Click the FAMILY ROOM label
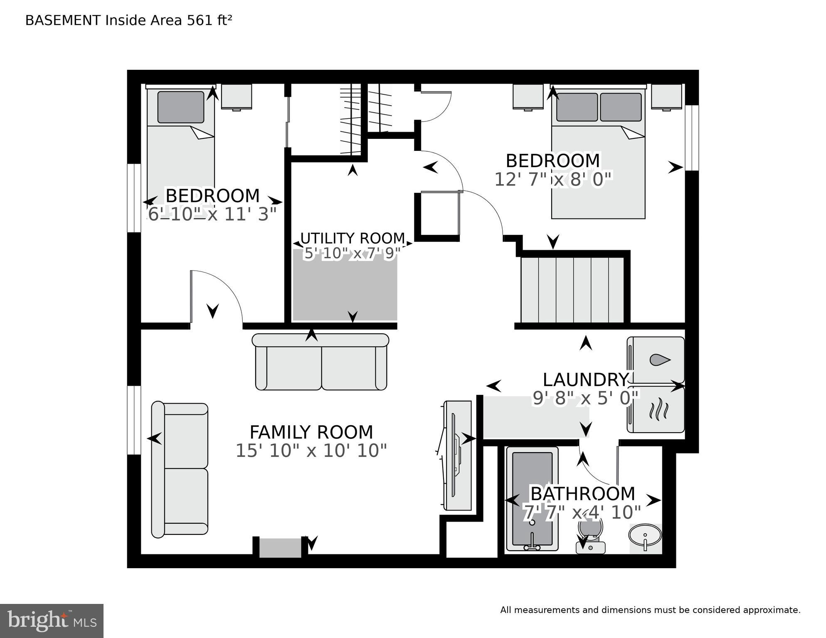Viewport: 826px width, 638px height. [311, 432]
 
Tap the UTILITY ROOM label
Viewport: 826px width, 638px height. [353, 238]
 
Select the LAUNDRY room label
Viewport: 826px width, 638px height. [585, 379]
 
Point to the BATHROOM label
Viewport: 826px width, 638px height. [583, 494]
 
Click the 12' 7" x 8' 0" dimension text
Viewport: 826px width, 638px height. [553, 180]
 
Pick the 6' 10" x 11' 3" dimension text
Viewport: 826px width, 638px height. [212, 214]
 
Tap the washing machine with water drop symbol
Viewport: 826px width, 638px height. [656, 360]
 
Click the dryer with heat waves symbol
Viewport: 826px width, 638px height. [656, 409]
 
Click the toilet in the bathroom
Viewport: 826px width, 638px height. [590, 536]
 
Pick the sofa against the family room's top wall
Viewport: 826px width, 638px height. [321, 362]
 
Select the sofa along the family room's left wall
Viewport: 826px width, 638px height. [180, 469]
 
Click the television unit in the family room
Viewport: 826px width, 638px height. [457, 455]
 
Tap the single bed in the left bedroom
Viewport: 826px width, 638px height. [181, 145]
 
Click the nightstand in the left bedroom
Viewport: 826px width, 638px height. [237, 97]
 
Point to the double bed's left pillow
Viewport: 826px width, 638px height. [577, 107]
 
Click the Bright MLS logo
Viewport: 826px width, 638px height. [52, 621]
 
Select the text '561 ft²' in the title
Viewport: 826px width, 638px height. [209, 20]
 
